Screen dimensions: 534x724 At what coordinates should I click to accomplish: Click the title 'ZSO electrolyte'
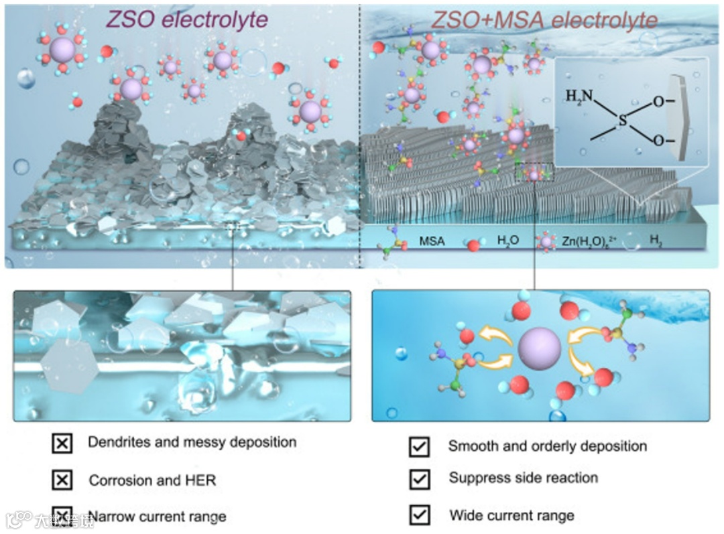(186, 19)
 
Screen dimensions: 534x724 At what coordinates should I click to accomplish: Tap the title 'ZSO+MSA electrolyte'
(544, 19)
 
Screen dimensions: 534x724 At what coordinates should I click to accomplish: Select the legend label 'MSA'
(432, 241)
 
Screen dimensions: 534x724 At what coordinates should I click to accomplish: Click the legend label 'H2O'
(508, 241)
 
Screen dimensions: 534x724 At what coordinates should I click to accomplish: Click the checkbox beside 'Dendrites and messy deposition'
(62, 443)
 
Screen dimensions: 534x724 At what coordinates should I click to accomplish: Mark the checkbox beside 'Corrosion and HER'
(62, 480)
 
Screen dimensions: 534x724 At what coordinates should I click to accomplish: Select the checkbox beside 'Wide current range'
(419, 515)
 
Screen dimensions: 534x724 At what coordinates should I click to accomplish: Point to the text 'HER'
(201, 480)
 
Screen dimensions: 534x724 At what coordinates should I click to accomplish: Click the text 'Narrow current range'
(157, 517)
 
